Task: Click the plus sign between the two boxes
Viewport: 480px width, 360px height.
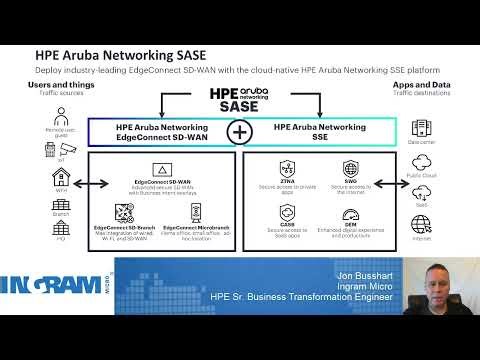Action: (240, 131)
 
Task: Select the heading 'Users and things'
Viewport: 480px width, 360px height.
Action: (58, 86)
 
